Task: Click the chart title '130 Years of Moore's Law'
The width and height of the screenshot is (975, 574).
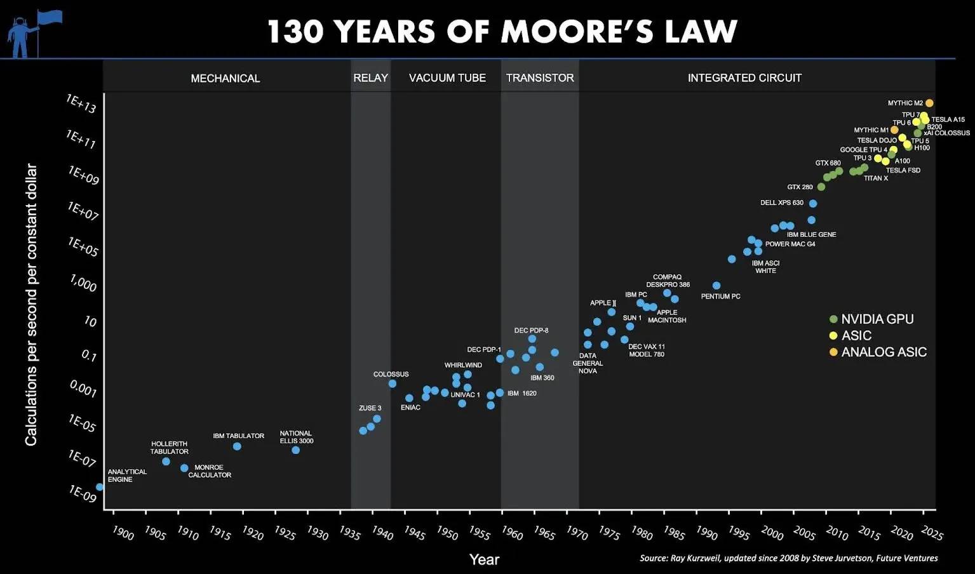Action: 502,31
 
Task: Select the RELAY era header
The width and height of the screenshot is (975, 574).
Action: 370,78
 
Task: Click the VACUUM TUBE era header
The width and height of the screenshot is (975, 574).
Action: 447,78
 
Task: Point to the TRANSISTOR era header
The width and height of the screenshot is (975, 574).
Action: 540,78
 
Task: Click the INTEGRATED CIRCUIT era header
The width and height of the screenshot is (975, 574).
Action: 744,78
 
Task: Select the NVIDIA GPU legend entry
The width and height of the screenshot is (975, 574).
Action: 877,319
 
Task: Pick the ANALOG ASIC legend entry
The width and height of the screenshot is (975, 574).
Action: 883,352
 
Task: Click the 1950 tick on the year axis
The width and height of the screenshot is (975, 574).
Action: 447,532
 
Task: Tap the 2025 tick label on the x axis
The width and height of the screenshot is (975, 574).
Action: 932,532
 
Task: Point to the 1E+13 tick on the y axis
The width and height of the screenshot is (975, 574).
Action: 81,103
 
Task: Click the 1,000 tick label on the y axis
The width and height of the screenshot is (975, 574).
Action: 83,283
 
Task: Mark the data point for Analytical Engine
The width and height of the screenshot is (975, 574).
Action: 100,487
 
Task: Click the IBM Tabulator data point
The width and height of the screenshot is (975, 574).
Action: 237,446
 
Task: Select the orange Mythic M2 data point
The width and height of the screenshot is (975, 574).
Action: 929,103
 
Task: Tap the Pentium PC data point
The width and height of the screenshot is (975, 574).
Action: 716,286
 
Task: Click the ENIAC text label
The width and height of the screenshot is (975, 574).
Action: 410,408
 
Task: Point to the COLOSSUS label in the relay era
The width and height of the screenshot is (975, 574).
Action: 391,375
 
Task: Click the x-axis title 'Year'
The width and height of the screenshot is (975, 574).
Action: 484,559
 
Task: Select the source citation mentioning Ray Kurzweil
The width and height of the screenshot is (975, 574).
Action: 788,558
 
